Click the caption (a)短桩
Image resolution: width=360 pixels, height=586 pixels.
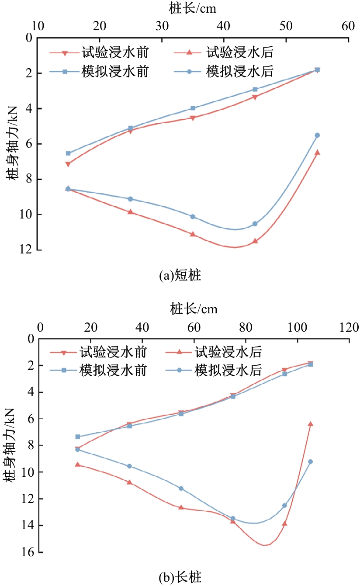click(180, 276)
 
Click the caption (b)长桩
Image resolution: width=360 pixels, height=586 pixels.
click(180, 578)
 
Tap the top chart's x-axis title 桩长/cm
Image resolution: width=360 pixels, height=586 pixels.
click(193, 9)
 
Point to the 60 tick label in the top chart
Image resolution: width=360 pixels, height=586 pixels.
click(348, 26)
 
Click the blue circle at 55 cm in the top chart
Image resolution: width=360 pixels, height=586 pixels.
click(317, 135)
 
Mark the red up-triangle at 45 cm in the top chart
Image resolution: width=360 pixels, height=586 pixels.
click(255, 241)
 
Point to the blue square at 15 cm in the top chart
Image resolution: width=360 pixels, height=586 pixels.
click(68, 153)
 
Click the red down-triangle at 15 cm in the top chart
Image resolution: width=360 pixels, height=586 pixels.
click(68, 164)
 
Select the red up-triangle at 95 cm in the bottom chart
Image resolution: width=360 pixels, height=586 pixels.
click(284, 523)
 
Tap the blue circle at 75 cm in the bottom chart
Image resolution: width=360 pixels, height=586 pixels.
click(233, 518)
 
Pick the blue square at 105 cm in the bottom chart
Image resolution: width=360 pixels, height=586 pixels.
click(311, 364)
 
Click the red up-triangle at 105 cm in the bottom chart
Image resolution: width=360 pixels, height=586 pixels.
click(311, 423)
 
